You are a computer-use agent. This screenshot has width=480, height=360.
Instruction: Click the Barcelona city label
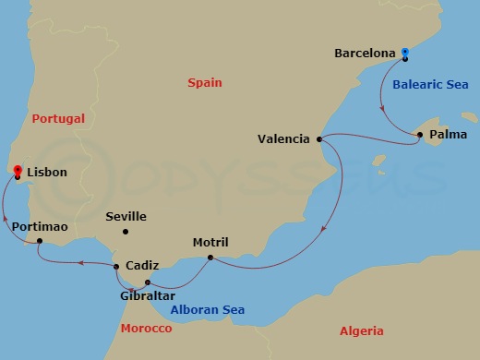coord(366,54)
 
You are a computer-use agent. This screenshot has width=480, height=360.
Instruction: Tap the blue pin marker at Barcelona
coord(405,54)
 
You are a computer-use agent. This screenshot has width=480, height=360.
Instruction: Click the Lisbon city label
coord(47,172)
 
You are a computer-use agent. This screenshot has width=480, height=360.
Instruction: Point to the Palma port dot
coord(420,135)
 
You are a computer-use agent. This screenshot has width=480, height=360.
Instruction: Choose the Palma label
coord(449,135)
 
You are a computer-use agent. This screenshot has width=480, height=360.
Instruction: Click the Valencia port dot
coord(319,139)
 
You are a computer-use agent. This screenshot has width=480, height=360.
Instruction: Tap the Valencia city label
coord(284,139)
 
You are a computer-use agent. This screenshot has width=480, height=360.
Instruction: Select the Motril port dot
coord(211,257)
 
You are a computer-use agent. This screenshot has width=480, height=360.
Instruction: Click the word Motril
coord(210,244)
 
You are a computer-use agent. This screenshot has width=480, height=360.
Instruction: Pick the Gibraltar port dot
coord(148,282)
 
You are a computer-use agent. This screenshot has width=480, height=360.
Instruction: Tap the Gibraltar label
coord(148,296)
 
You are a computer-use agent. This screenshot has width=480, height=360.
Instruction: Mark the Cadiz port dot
coord(116,267)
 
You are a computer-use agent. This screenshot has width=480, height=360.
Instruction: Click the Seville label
coord(126,217)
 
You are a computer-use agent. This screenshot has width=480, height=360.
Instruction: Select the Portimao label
coord(40,226)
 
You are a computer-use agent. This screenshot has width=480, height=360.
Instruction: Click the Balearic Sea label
coord(429,84)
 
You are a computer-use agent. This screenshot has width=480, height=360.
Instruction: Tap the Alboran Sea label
coord(207,310)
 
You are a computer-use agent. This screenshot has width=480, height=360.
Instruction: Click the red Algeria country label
coord(361,331)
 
